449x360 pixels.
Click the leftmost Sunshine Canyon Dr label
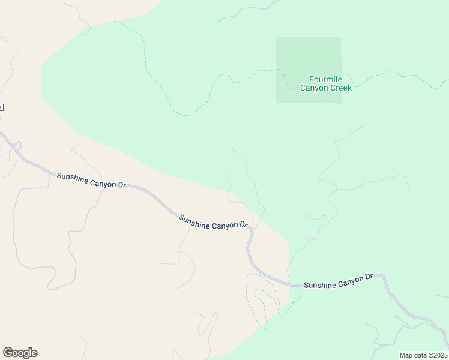[x=91, y=181]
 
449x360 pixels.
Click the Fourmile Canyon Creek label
[x=326, y=83]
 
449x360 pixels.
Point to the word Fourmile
[x=325, y=79]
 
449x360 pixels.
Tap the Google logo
[x=20, y=353]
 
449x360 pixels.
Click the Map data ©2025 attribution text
[x=423, y=355]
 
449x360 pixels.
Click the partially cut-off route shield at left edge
[x=1, y=107]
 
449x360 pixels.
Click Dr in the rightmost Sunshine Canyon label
[x=369, y=277]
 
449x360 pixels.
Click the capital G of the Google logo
[x=8, y=352]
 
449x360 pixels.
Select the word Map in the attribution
[x=406, y=355]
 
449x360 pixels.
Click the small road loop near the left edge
[x=18, y=146]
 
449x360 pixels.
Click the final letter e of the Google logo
[x=34, y=353]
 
